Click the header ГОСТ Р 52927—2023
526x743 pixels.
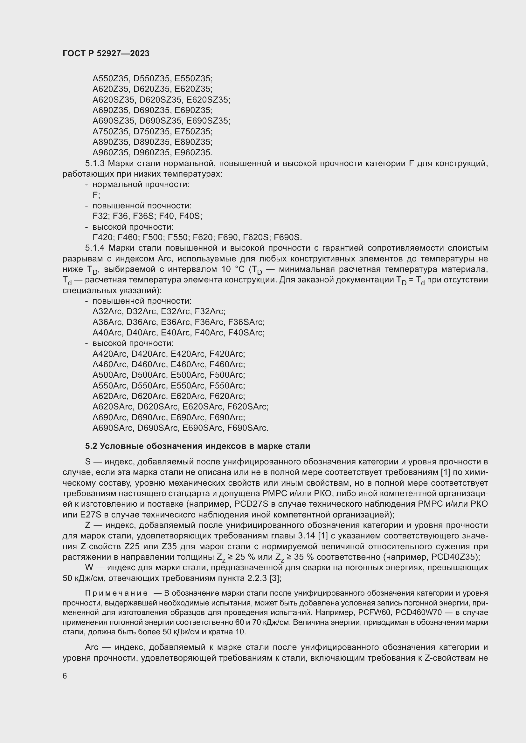point(106,54)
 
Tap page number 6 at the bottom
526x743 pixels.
point(65,676)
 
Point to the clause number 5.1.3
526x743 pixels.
point(95,163)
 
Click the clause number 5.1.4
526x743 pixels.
point(95,248)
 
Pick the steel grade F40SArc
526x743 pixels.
point(246,333)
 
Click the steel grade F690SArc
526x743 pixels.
point(247,428)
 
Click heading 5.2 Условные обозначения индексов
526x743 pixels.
point(197,446)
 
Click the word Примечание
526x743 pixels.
point(116,593)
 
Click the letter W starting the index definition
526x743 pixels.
point(88,568)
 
